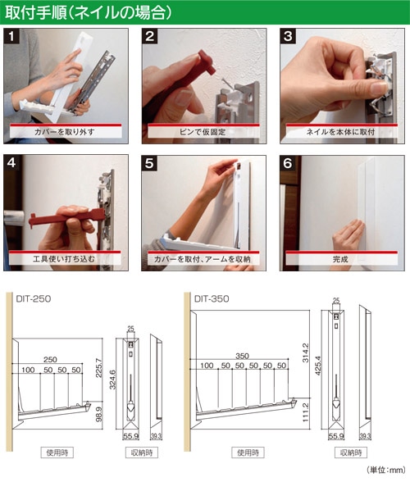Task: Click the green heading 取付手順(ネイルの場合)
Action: [x=89, y=13]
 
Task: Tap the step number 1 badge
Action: [x=11, y=37]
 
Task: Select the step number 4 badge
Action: [x=11, y=162]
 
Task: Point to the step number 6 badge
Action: [x=288, y=163]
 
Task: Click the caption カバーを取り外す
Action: [x=64, y=132]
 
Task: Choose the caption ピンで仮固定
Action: [x=203, y=132]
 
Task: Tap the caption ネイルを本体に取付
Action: [x=340, y=132]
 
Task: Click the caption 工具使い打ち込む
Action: [x=64, y=259]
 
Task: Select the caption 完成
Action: [x=340, y=259]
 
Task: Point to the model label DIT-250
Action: [x=34, y=298]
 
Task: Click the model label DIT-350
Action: [x=212, y=298]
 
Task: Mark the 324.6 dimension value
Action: [x=113, y=380]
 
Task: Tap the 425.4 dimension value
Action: [x=317, y=366]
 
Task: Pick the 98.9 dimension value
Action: [x=99, y=415]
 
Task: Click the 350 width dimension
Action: [x=242, y=356]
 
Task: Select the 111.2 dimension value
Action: [x=305, y=412]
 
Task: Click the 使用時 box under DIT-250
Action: [x=57, y=452]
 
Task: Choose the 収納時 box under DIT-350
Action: [x=351, y=452]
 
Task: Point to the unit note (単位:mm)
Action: [x=386, y=470]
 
